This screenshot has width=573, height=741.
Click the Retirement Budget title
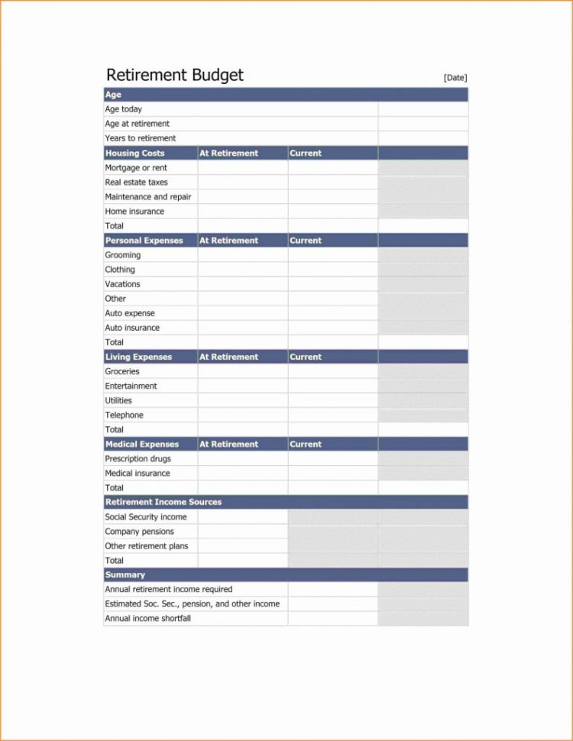tap(174, 75)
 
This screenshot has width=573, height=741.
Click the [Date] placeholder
tap(455, 77)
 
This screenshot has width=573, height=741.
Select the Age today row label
tap(124, 109)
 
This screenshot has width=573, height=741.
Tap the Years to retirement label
tap(141, 138)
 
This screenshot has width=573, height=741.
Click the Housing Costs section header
tap(134, 153)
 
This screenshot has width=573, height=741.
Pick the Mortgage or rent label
tap(136, 167)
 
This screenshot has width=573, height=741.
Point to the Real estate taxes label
tap(137, 183)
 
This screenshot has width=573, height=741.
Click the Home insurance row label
tap(134, 212)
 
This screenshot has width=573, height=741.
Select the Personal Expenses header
tap(144, 241)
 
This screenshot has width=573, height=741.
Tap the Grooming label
tap(123, 255)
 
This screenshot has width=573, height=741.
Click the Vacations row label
tap(122, 284)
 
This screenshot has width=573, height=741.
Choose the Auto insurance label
tap(132, 328)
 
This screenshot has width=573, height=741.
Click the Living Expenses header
tap(139, 357)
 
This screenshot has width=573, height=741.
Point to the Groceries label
tap(122, 371)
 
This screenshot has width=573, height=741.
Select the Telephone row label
tap(125, 416)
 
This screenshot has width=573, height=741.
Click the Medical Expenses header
tap(142, 444)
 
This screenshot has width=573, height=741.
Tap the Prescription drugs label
tap(138, 459)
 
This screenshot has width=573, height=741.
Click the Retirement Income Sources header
tap(163, 502)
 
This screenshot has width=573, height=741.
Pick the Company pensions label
tap(140, 532)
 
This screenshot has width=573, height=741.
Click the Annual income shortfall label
tap(148, 619)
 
